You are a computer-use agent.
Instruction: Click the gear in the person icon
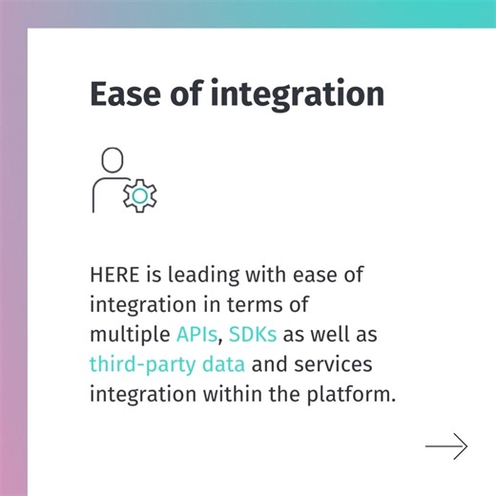click(140, 195)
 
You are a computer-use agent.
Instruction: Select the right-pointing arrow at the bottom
click(446, 445)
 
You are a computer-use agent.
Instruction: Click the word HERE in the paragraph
click(113, 276)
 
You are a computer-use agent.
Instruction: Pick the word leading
click(202, 276)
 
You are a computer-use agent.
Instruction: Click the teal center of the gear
click(140, 195)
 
